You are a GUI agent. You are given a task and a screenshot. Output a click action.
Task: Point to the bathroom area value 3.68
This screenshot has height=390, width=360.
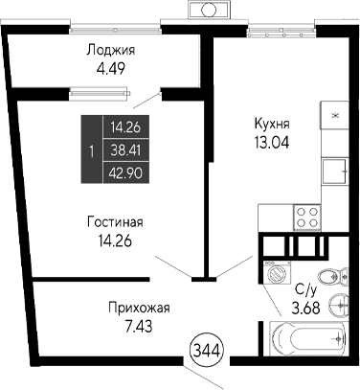tap(306, 306)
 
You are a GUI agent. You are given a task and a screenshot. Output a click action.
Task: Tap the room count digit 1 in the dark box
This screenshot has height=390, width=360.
tap(90, 150)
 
